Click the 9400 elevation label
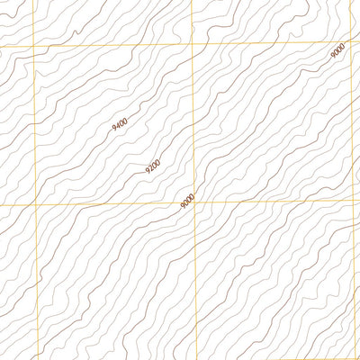point(121,126)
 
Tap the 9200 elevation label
point(153,166)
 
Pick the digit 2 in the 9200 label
point(150,168)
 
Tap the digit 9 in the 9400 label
point(114,132)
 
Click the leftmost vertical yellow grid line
point(34,270)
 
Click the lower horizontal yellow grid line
point(108,204)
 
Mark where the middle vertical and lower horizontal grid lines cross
point(193,202)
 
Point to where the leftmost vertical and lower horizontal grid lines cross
point(34,205)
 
